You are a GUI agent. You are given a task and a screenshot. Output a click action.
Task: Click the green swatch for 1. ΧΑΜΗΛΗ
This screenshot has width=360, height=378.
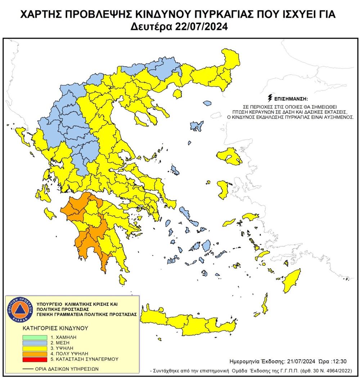click(35, 337)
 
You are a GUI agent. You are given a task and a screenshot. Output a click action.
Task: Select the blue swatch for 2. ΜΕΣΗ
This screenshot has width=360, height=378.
click(35, 343)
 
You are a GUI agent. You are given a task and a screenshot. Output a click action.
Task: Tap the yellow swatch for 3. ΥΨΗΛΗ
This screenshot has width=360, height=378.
click(35, 348)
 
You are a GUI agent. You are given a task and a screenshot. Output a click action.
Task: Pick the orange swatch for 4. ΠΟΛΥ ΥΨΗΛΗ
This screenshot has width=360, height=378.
click(35, 354)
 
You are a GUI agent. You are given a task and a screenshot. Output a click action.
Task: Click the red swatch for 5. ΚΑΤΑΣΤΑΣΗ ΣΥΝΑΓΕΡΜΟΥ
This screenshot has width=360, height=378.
click(35, 359)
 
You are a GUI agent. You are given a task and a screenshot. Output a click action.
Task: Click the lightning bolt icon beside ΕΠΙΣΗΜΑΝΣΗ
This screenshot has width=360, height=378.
click(271, 98)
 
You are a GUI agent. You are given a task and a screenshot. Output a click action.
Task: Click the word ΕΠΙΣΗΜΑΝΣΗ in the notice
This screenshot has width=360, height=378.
click(291, 98)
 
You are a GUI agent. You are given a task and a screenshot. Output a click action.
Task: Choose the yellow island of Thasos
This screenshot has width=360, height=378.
click(177, 94)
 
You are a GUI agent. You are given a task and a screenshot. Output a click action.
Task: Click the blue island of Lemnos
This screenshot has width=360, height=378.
click(196, 126)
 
